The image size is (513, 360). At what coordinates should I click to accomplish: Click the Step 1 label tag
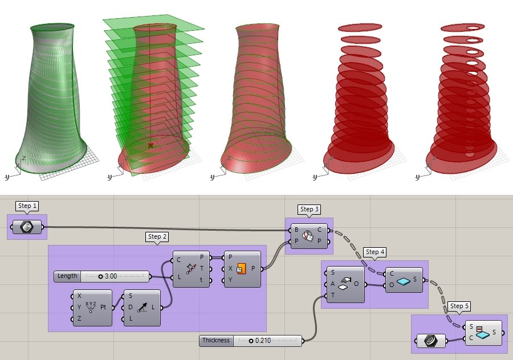[28, 206]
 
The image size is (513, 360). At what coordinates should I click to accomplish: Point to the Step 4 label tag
[376, 252]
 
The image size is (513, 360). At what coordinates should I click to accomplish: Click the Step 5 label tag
[459, 306]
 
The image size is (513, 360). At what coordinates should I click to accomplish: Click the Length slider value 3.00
[111, 276]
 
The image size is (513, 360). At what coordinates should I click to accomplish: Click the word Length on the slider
[67, 276]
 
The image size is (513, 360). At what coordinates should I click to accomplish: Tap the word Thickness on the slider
[215, 341]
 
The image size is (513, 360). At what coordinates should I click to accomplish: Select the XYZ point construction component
[92, 308]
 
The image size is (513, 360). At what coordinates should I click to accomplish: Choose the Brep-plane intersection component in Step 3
[308, 235]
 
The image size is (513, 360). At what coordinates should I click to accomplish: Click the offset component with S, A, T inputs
[344, 285]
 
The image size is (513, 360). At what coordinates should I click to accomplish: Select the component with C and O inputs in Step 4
[404, 280]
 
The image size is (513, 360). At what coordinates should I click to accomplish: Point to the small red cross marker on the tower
[150, 146]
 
